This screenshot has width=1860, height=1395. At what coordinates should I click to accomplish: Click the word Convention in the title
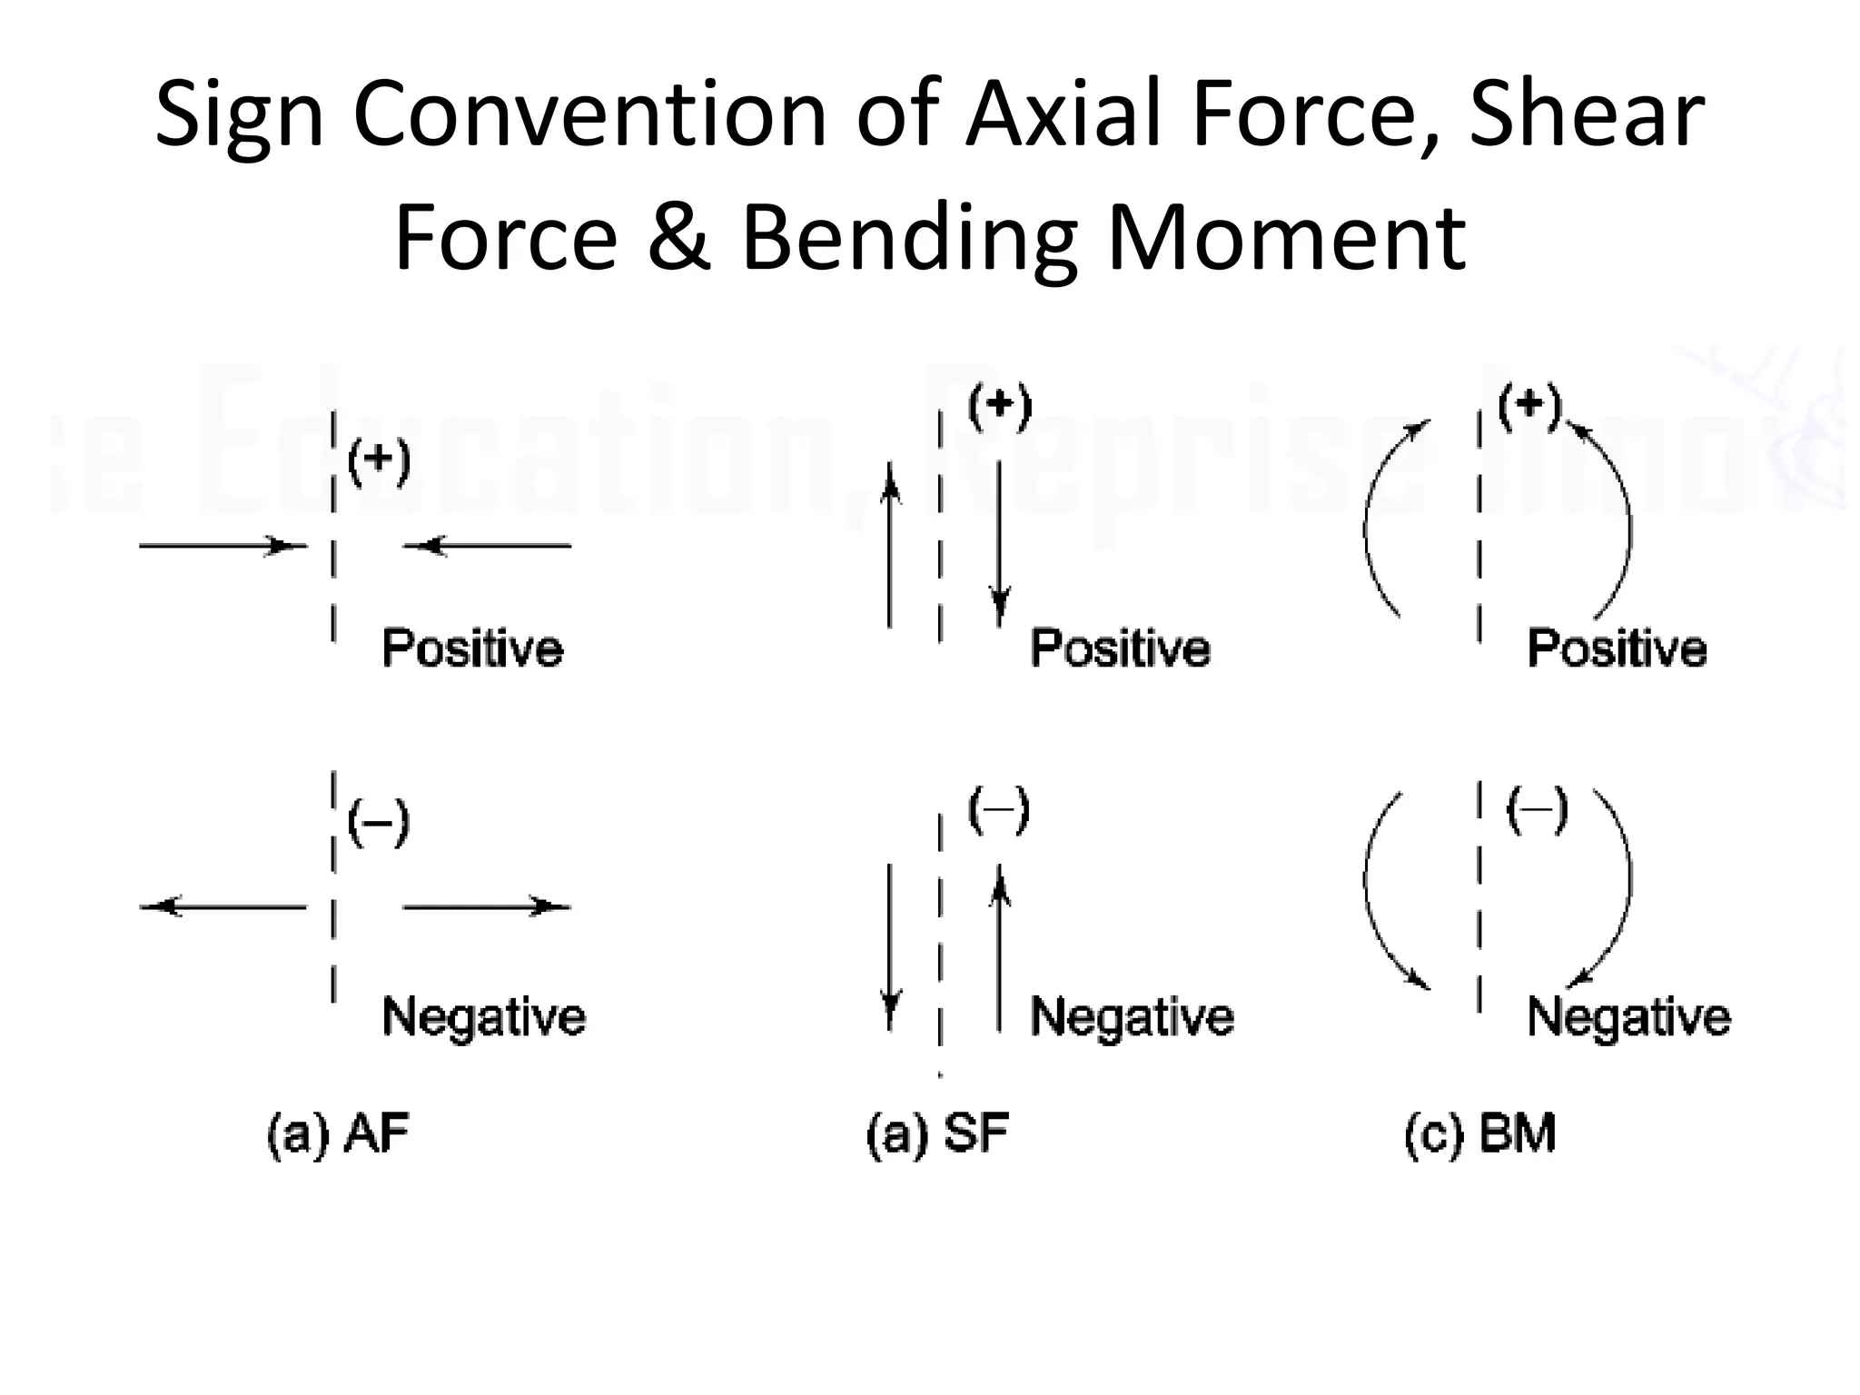(589, 115)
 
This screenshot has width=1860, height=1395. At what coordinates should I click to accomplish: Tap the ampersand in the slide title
(678, 237)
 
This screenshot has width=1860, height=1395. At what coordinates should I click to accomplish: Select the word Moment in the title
(1286, 237)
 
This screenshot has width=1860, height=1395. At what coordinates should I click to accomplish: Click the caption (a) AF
(339, 1134)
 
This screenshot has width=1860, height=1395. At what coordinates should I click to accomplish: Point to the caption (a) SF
(938, 1134)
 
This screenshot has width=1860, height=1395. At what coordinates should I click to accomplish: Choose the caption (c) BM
(1480, 1134)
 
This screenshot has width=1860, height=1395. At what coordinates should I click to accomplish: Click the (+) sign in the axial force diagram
(380, 462)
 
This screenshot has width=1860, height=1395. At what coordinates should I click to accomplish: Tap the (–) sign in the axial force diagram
(380, 824)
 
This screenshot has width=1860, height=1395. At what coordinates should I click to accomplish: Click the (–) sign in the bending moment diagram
(1537, 810)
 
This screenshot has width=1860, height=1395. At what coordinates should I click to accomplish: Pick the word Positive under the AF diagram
(472, 648)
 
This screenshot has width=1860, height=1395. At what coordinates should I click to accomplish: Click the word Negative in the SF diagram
(1132, 1016)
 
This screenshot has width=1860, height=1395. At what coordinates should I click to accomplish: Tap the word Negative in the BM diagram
(1629, 1016)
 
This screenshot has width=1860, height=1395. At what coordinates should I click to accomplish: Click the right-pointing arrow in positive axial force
(223, 546)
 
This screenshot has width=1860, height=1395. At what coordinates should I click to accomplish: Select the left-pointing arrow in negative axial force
(223, 906)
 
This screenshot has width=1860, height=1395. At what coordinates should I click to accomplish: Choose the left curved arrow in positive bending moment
(1385, 518)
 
